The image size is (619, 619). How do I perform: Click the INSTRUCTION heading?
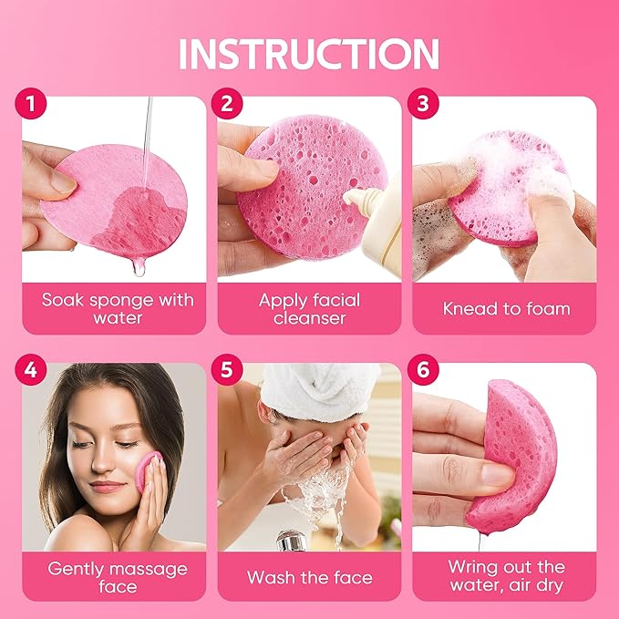pyautogui.click(x=309, y=54)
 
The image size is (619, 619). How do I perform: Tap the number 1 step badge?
pyautogui.click(x=32, y=103)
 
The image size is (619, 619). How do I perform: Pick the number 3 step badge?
pyautogui.click(x=422, y=103)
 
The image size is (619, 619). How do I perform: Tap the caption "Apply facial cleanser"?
pyautogui.click(x=309, y=308)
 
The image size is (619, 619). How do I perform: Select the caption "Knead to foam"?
pyautogui.click(x=506, y=308)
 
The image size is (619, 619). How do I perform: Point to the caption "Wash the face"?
pyautogui.click(x=309, y=577)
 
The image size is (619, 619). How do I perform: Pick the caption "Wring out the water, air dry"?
pyautogui.click(x=506, y=577)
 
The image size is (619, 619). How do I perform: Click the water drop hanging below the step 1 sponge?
pyautogui.click(x=136, y=266)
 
